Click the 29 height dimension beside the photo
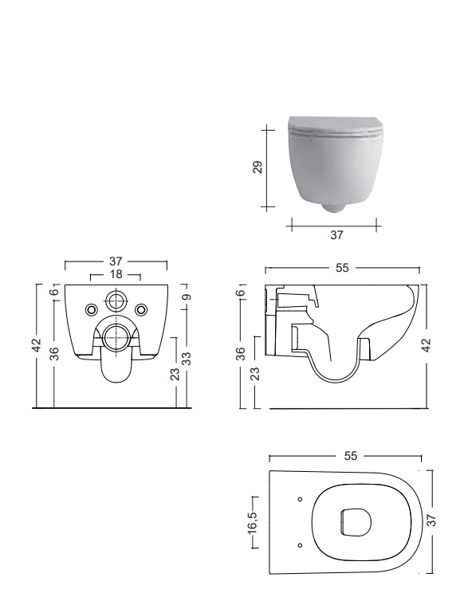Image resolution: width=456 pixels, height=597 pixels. pos(258,167)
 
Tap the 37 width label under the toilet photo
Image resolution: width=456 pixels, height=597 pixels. pos(336,235)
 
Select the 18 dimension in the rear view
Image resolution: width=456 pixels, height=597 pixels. pos(116,274)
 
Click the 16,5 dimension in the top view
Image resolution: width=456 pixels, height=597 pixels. pos(252,521)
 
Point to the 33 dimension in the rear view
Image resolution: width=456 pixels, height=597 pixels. pos(186,359)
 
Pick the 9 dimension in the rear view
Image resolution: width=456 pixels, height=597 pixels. pos(187,297)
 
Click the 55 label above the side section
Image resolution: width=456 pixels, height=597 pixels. pos(342,268)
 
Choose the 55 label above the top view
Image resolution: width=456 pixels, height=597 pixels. pos(351,456)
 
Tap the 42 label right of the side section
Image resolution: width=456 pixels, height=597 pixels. pos(427,345)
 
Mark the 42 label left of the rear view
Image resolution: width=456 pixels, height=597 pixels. pos(36,345)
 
